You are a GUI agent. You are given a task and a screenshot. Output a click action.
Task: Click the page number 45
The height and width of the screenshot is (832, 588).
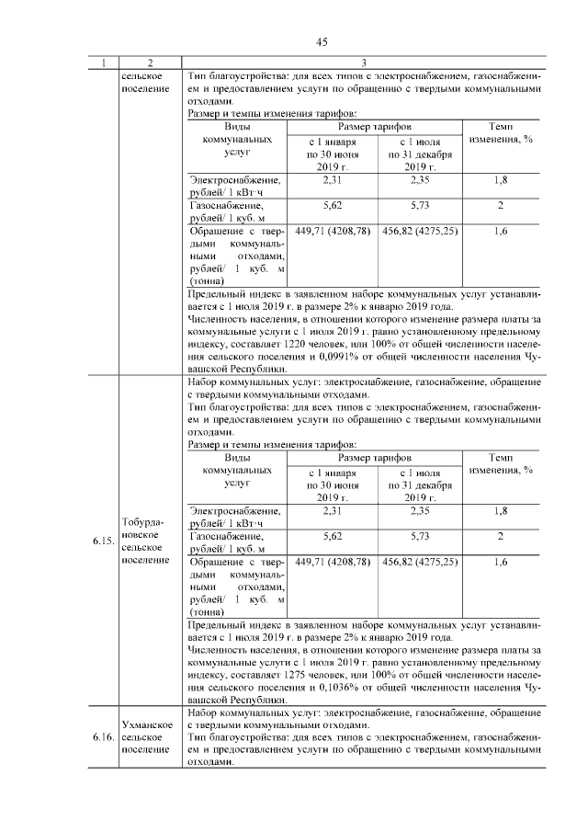pos(322,41)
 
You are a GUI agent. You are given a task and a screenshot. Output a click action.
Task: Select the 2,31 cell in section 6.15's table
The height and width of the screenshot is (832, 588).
pos(333,510)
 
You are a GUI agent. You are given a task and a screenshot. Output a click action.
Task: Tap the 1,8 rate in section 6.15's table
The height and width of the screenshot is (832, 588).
pos(501,510)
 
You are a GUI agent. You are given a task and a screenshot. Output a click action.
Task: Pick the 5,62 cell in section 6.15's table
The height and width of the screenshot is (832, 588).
pos(333,535)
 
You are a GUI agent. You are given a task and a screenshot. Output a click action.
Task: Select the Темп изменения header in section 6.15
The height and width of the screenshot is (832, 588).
pos(501,463)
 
